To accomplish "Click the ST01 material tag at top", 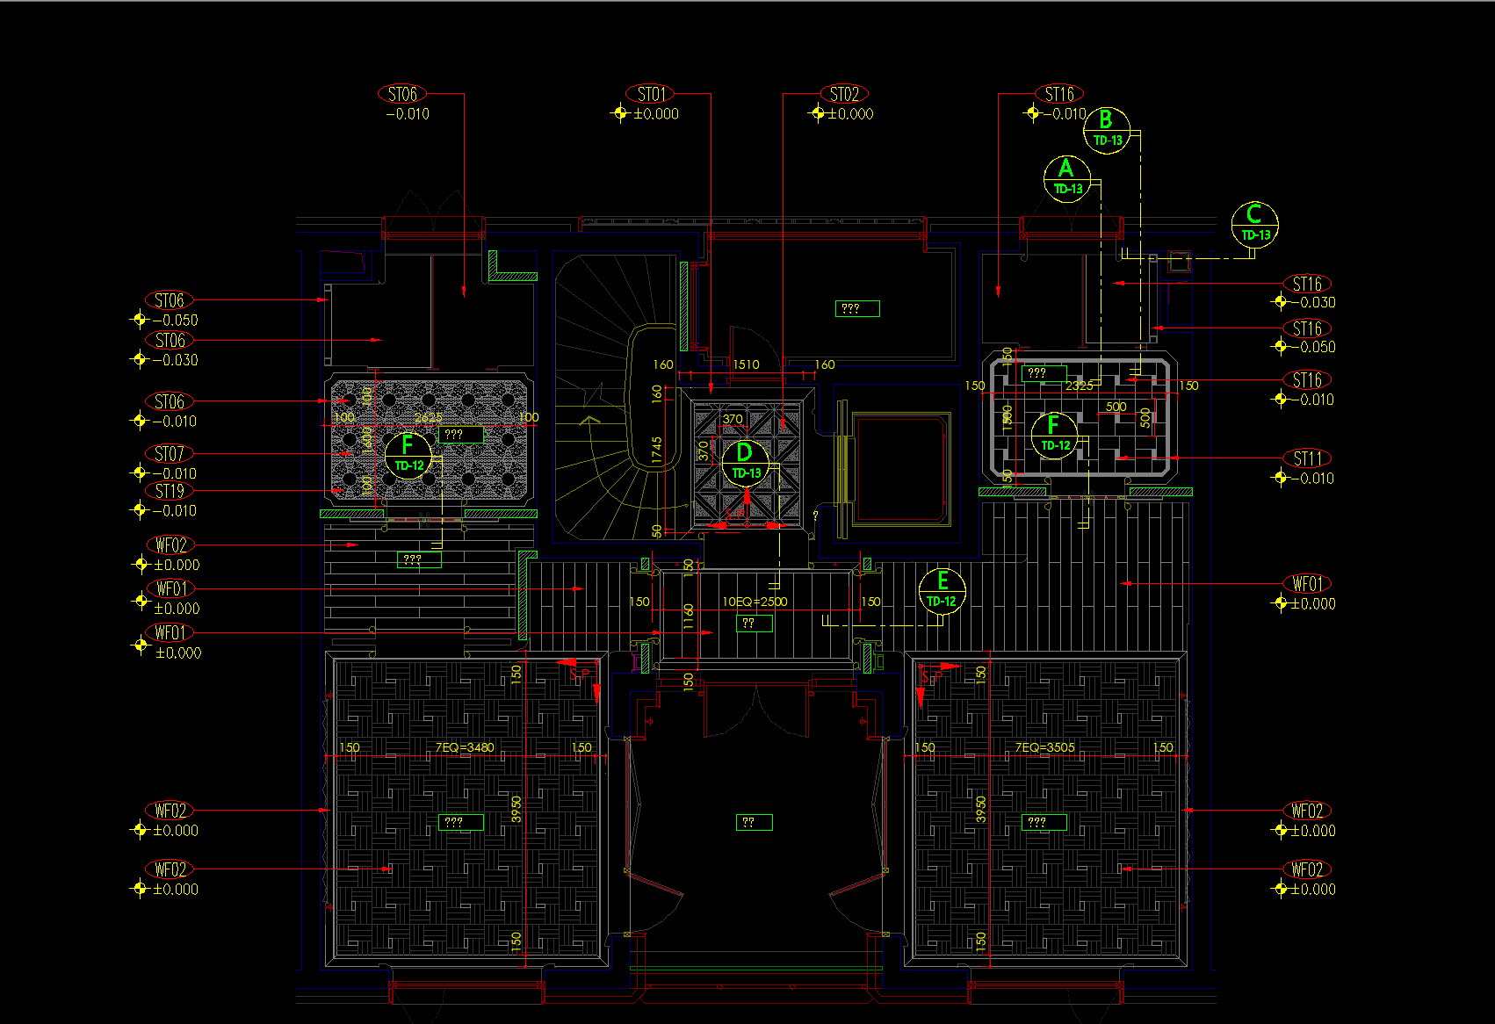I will pos(650,94).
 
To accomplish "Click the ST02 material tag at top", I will pos(844,94).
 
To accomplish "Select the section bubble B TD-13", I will pos(1107,130).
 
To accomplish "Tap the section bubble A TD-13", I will pos(1067,177).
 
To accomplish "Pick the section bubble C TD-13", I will pos(1254,224).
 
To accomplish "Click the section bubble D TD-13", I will pos(746,461).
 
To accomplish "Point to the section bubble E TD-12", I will pos(942,590).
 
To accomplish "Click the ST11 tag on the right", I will pos(1307,458).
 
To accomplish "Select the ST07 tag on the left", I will pos(169,454).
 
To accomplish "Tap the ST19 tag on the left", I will pos(169,491).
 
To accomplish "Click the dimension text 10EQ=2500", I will pos(755,602).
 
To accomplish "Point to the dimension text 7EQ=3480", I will pos(465,747).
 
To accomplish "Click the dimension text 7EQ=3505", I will pos(1044,747).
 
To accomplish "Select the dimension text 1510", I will pos(746,364).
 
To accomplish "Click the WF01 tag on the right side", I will pos(1307,584).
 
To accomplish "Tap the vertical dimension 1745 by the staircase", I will pos(657,450).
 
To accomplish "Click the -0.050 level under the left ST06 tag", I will pos(175,321).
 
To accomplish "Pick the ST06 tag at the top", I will pos(402,94).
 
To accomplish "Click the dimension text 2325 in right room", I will pos(1080,386).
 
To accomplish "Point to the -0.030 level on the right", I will pos(1312,302).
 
